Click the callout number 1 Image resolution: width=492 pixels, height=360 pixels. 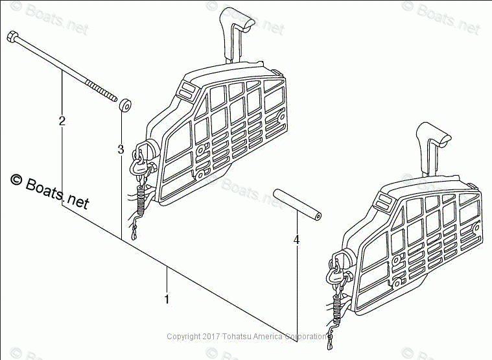167,300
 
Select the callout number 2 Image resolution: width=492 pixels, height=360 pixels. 62,121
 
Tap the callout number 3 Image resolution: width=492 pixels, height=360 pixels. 121,150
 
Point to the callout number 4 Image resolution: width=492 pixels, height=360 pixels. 296,240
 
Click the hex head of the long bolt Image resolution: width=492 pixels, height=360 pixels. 12,36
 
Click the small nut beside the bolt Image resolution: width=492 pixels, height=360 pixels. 125,104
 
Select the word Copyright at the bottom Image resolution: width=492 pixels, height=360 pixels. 183,337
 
